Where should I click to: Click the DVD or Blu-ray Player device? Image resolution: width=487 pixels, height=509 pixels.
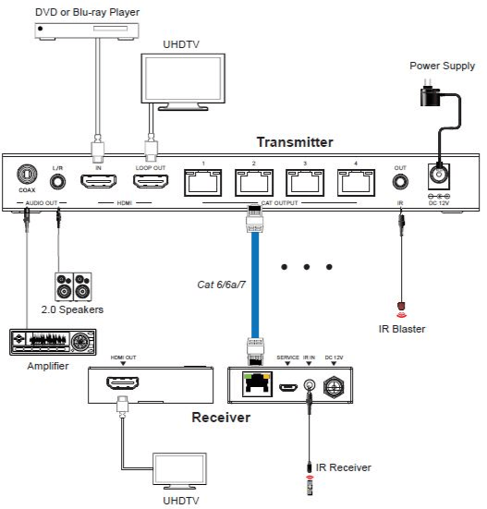click(x=87, y=31)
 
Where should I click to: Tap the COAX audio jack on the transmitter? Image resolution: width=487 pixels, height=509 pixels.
click(x=27, y=175)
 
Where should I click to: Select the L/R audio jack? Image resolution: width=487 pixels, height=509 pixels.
click(x=58, y=182)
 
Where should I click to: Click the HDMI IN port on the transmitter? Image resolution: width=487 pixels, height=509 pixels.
click(x=98, y=181)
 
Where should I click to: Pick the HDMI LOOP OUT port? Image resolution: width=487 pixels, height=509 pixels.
click(x=151, y=181)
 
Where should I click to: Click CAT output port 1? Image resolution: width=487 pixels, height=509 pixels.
click(x=203, y=183)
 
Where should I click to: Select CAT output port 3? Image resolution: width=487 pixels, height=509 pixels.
click(x=305, y=183)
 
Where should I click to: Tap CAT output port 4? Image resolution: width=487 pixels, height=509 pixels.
click(x=356, y=183)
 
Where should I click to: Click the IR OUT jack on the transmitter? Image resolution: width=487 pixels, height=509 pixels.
click(x=400, y=182)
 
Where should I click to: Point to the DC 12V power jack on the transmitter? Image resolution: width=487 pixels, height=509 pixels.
click(x=439, y=176)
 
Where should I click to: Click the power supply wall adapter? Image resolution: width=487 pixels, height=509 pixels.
click(x=431, y=96)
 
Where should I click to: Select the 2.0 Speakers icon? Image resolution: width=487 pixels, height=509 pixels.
click(x=73, y=287)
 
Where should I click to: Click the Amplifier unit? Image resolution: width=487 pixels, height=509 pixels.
click(x=53, y=342)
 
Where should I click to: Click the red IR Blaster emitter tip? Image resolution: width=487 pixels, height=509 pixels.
click(x=402, y=306)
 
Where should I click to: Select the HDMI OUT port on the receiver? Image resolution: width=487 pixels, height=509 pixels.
click(x=123, y=383)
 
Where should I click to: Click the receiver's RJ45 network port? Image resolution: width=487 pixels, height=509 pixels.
click(x=257, y=384)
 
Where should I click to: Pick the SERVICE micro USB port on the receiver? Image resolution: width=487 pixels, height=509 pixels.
click(x=288, y=387)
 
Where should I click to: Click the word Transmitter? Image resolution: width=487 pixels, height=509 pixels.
click(x=295, y=142)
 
